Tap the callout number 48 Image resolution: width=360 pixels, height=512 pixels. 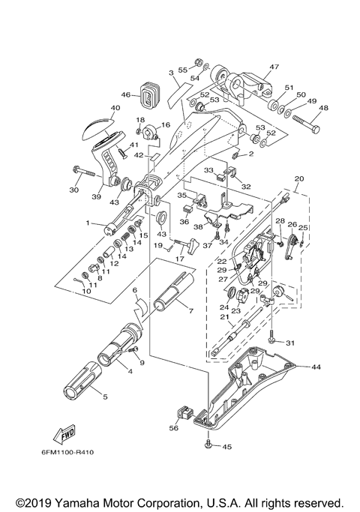(324, 107)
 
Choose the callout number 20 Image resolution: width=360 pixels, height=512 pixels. (299, 179)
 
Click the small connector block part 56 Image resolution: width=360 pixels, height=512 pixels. (181, 411)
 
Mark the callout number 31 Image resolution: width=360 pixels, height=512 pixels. (291, 343)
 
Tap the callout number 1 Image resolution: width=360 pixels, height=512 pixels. (88, 223)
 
